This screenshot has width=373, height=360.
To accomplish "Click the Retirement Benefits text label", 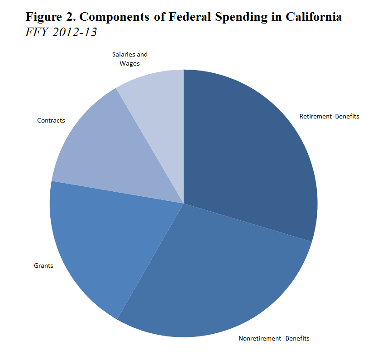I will coord(329,116).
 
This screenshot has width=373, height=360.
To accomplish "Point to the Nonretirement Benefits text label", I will coord(274,338).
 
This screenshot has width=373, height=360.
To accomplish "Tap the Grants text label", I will coord(43,265).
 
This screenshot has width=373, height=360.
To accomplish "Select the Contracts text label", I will coord(51,120).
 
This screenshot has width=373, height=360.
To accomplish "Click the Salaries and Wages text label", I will coord(130,59).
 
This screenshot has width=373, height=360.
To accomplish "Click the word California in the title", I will coord(314,17).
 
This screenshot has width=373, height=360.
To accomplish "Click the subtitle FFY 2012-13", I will coord(61,33).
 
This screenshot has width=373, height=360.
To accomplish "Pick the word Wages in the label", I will coord(129,63).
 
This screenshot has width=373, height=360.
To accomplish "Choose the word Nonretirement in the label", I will coord(260,338).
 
